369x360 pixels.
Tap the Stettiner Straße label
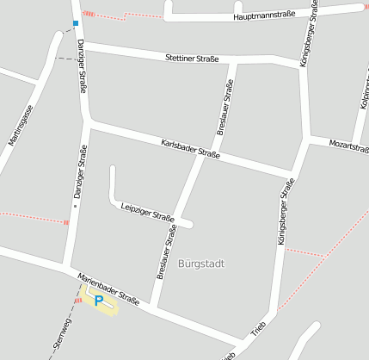tap(191, 58)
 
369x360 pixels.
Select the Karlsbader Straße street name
tap(190, 149)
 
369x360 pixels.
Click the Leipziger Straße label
tap(148, 211)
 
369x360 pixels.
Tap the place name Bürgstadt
tap(200, 264)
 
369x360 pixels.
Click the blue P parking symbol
tap(99, 300)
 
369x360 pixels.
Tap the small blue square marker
tap(76, 23)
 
